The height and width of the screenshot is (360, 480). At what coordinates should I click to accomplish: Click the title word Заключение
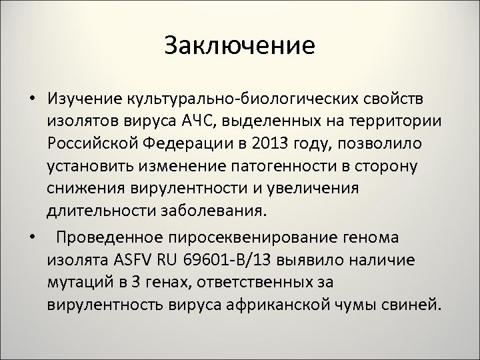point(239,46)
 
